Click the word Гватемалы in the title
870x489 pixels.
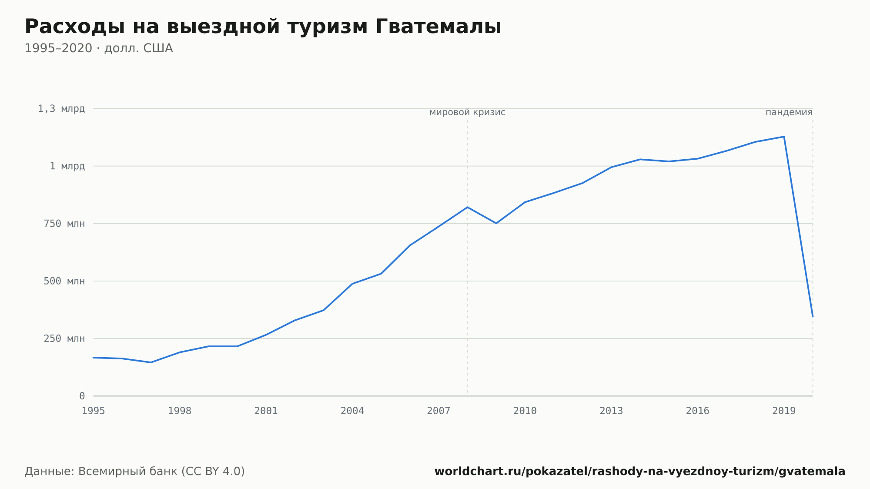click(438, 27)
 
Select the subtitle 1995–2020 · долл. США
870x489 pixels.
click(99, 48)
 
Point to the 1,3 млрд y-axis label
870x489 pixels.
click(61, 109)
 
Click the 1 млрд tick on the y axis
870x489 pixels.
click(67, 166)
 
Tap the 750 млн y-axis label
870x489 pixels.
click(64, 224)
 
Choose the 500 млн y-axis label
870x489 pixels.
click(64, 281)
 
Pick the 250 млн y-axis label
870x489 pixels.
click(64, 338)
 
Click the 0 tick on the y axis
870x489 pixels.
click(82, 396)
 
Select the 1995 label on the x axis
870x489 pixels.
click(94, 411)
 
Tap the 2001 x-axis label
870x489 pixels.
click(266, 411)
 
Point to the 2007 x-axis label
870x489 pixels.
click(438, 411)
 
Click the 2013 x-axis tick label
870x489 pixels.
click(611, 411)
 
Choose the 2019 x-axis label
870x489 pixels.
click(784, 411)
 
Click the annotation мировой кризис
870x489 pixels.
click(467, 113)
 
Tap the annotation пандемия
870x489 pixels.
click(789, 113)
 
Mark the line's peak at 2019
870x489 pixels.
click(784, 137)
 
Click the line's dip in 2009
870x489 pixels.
click(496, 223)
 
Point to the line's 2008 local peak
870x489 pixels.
click(467, 207)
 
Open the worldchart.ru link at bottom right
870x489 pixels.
click(640, 472)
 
